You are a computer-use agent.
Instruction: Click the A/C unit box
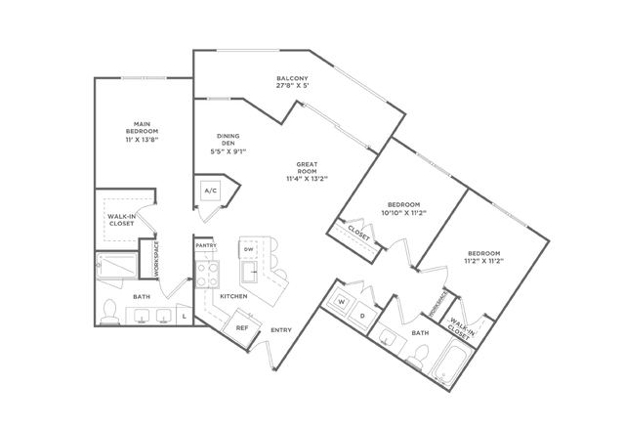pos(211,191)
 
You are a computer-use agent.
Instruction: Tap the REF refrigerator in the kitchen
pos(242,327)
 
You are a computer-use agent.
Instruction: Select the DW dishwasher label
pos(249,249)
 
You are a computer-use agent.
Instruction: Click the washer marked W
pos(341,301)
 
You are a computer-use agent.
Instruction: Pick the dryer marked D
pos(361,317)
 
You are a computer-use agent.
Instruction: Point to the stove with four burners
pos(207,275)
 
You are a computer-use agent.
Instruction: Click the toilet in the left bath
pos(109,312)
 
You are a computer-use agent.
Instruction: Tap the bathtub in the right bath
pos(452,362)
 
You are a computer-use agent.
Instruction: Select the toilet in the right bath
pos(418,356)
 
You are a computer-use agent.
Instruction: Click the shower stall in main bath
pos(117,266)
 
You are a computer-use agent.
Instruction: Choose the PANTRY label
pos(206,245)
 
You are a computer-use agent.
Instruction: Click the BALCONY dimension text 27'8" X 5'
pos(293,86)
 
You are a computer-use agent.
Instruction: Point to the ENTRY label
pos(281,330)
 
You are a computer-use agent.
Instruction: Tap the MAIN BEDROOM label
pos(142,128)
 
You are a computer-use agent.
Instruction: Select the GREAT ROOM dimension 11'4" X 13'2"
pos(307,179)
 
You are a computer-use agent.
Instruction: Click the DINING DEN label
pos(229,140)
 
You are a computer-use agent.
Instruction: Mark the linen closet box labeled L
pos(185,316)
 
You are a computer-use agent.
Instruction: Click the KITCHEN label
pos(233,296)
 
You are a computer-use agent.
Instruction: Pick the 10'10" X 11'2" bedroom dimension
pos(404,213)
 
